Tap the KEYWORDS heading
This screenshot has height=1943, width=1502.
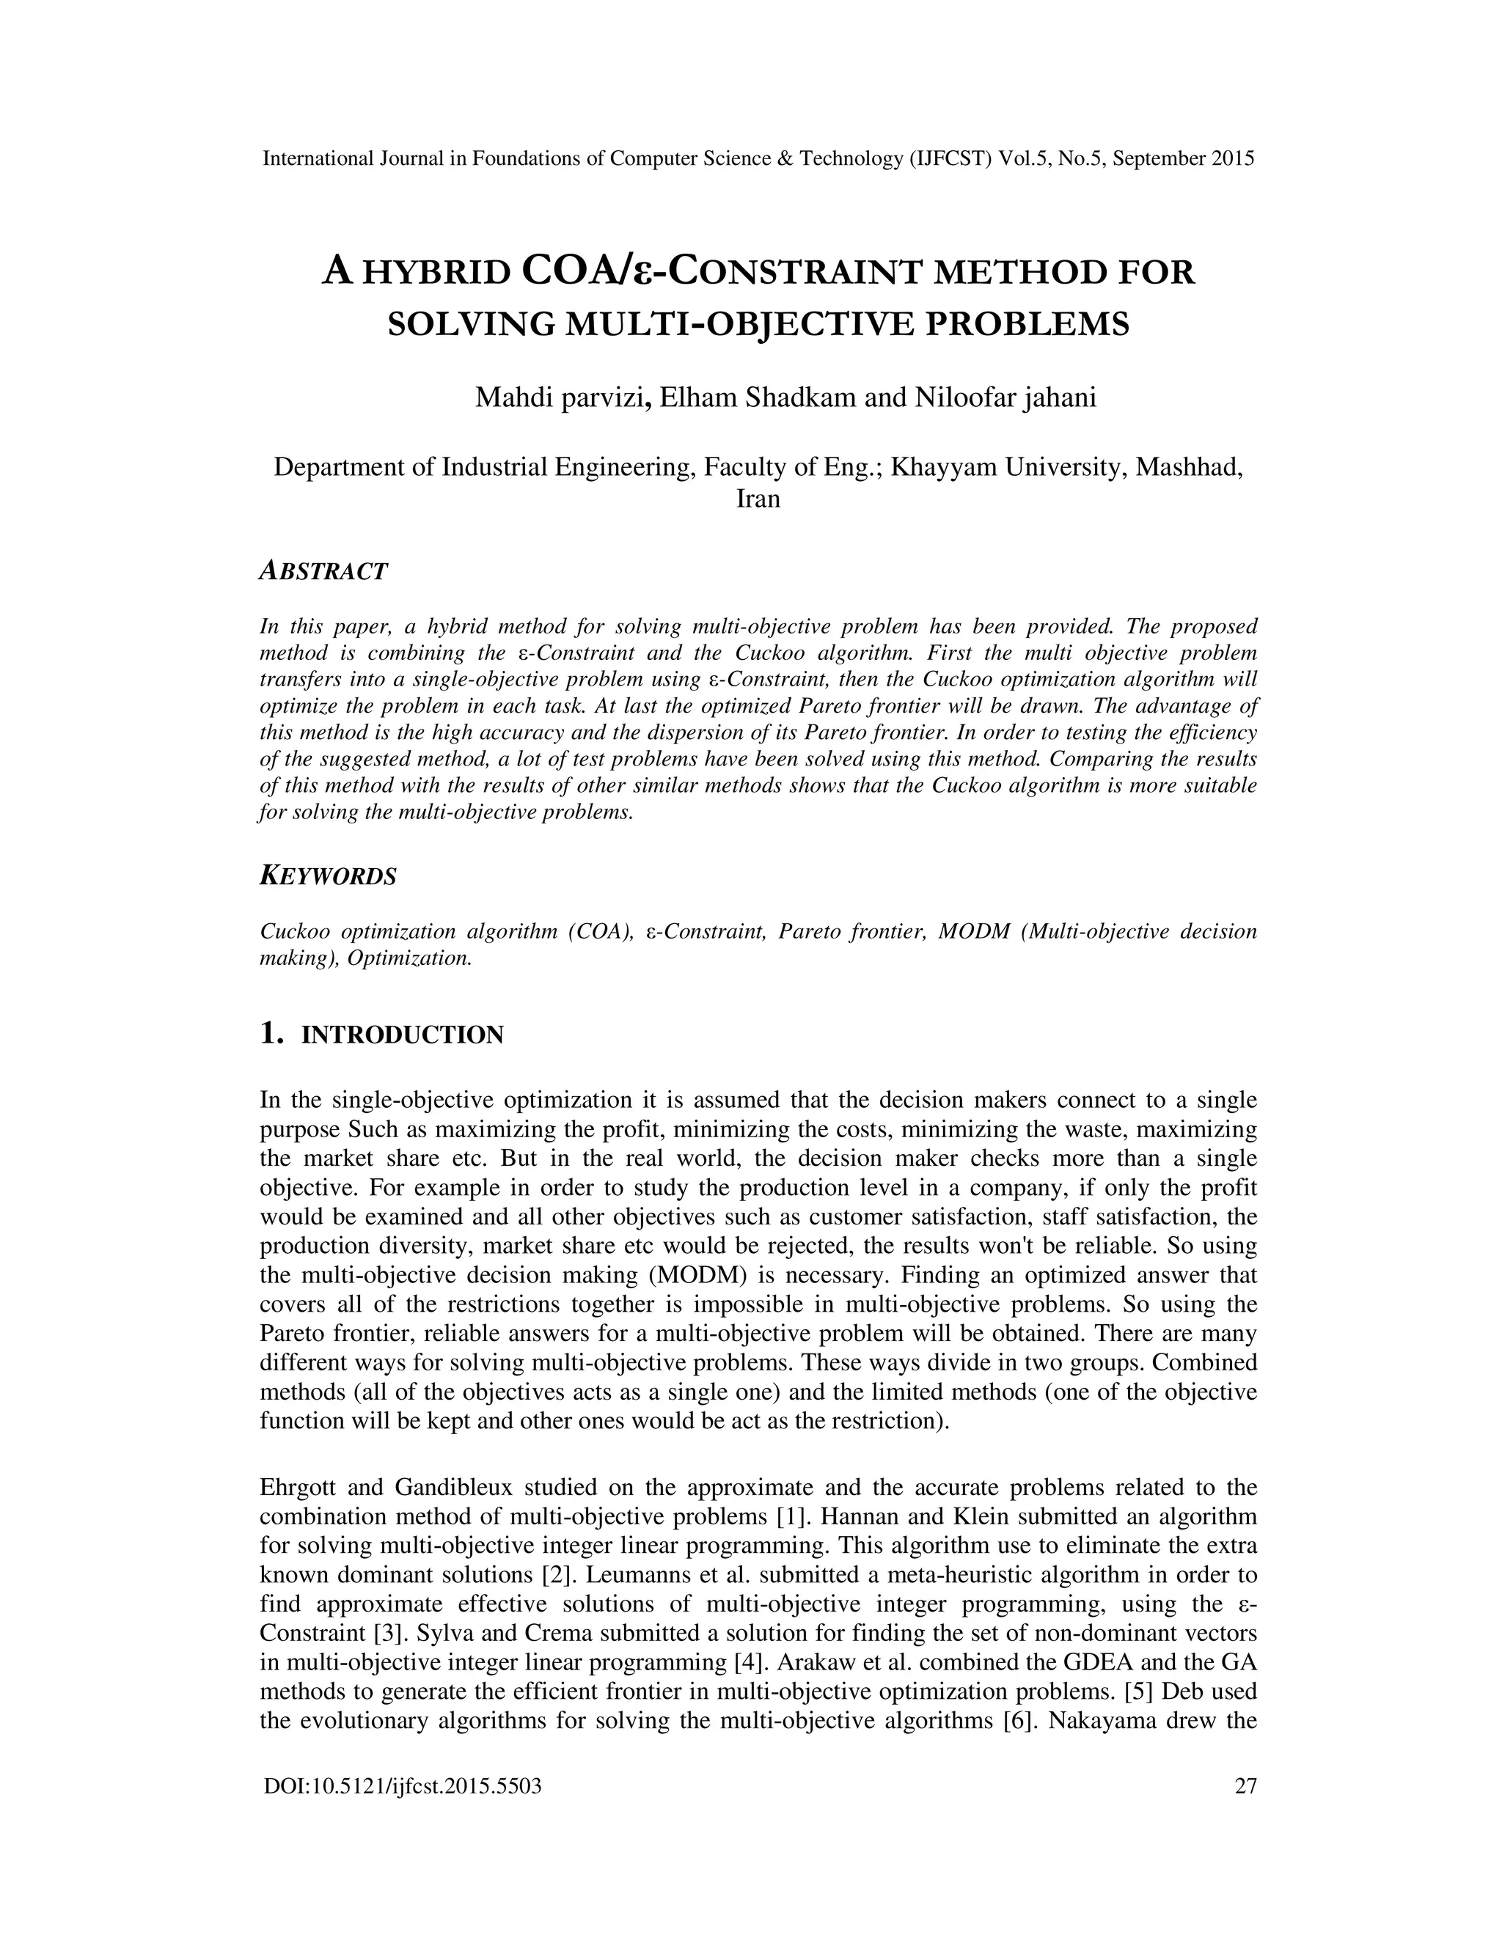pyautogui.click(x=327, y=876)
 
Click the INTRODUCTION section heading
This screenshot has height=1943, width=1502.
pyautogui.click(x=402, y=1035)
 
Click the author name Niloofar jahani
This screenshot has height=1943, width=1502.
pyautogui.click(x=1005, y=397)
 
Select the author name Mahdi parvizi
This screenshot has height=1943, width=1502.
pyautogui.click(x=559, y=397)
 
